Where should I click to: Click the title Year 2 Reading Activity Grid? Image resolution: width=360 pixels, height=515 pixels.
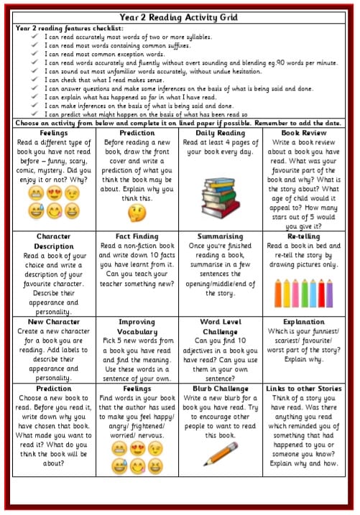(180, 17)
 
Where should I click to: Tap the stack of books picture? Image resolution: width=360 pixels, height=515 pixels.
(220, 192)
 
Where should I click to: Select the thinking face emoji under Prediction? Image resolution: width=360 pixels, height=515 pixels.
(136, 213)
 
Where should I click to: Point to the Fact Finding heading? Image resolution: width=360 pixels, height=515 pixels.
(137, 236)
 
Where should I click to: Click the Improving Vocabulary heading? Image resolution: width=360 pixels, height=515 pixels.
(137, 327)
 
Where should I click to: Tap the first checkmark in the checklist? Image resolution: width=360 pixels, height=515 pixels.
(34, 36)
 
